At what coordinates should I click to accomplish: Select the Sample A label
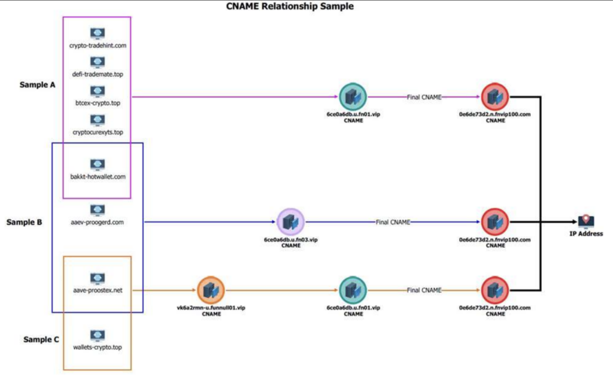(x=37, y=85)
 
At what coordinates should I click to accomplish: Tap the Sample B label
(x=24, y=222)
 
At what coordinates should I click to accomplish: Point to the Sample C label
(x=41, y=339)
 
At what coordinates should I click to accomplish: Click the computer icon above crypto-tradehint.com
(x=98, y=34)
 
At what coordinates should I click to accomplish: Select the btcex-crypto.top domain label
(x=98, y=102)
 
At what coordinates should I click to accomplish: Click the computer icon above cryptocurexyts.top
(x=98, y=120)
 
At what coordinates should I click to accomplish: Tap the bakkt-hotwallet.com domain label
(x=98, y=177)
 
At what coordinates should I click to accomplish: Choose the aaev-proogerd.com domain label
(x=98, y=222)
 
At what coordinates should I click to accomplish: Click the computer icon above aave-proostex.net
(x=98, y=278)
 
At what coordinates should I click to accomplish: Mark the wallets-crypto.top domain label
(x=98, y=347)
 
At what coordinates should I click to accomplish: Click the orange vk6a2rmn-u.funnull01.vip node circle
(x=210, y=290)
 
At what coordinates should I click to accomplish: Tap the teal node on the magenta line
(x=352, y=96)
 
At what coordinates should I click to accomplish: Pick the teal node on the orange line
(x=352, y=290)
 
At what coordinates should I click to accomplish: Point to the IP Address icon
(x=585, y=221)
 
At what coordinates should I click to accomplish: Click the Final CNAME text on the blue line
(x=393, y=222)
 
